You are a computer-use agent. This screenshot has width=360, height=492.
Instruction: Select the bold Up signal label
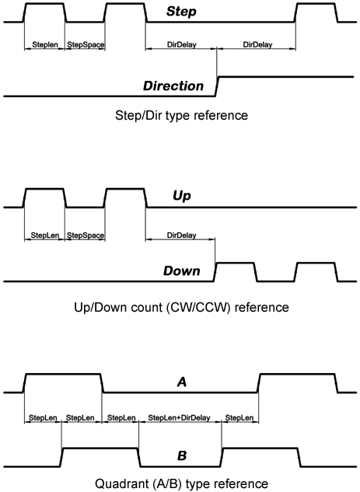(x=181, y=197)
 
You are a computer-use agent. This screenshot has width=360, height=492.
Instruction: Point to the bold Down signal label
(x=181, y=271)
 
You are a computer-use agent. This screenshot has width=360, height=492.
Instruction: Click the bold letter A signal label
(x=181, y=382)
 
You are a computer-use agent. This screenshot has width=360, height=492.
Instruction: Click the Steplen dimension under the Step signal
(x=44, y=45)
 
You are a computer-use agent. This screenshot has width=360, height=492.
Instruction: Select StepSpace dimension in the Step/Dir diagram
(x=85, y=45)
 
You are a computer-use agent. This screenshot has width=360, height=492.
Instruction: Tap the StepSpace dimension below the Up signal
(x=85, y=234)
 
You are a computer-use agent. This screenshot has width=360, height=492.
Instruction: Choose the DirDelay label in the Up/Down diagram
(x=181, y=234)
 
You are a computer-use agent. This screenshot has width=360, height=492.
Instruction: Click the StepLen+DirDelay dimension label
(x=180, y=418)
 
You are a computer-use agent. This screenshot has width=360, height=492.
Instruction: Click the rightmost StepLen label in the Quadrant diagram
(x=239, y=418)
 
